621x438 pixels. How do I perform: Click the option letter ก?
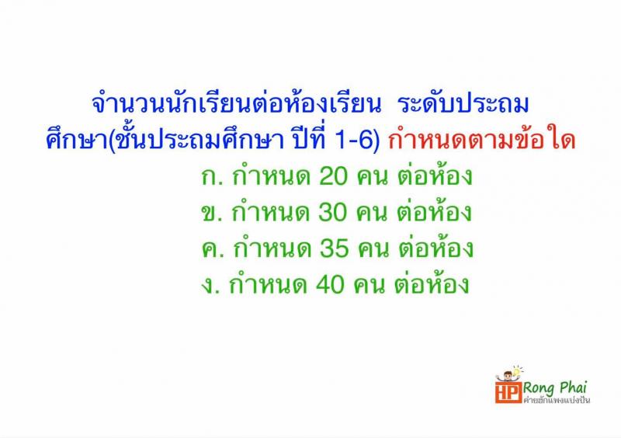click(208, 179)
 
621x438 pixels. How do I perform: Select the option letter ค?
click(208, 250)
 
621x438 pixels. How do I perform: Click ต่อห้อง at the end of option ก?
click(435, 178)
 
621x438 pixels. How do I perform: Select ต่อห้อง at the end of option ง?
click(435, 285)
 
